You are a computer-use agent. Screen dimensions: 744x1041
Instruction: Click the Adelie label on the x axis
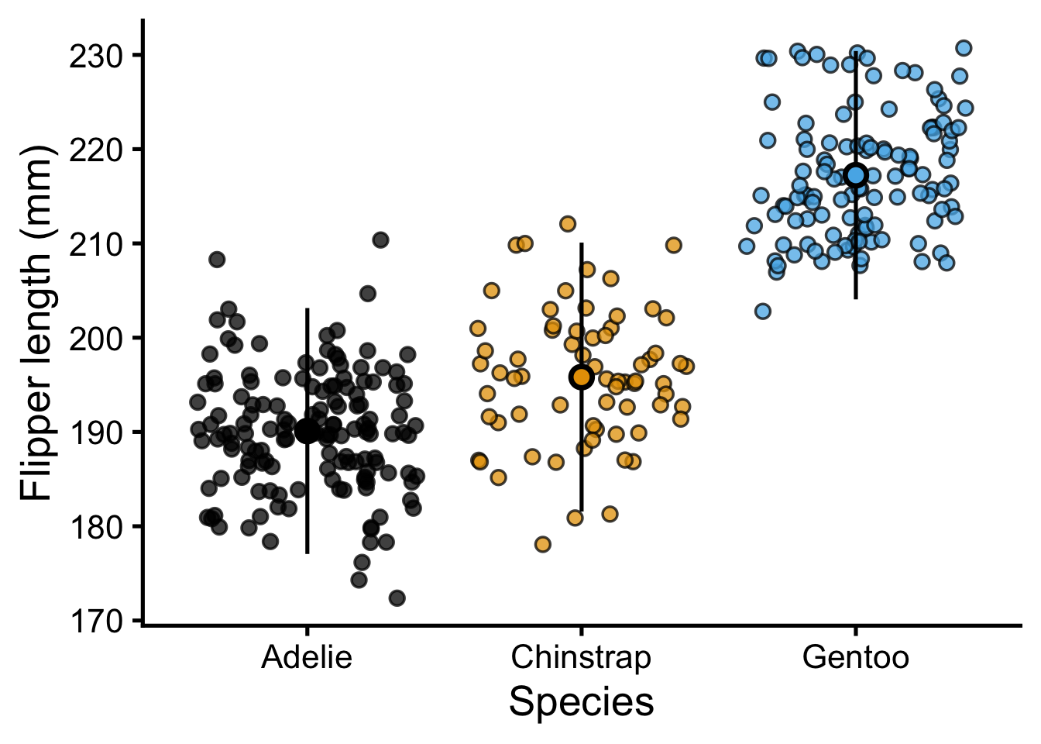[307, 657]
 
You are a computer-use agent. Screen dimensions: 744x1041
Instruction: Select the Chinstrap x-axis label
[581, 657]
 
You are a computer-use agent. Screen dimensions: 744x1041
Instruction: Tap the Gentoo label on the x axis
[855, 657]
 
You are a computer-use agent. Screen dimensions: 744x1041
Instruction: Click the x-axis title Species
[581, 702]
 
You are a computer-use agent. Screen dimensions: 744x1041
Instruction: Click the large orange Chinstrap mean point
[582, 377]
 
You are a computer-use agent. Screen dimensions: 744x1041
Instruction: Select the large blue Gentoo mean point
[856, 175]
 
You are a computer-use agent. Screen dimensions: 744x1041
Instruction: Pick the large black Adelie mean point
[307, 431]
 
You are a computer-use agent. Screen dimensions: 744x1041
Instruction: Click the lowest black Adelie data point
[397, 598]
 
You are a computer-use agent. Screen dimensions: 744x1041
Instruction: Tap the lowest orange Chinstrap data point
[542, 545]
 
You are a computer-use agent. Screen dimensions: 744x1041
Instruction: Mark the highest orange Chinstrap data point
[568, 224]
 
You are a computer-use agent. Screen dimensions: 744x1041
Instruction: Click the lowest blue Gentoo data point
[763, 312]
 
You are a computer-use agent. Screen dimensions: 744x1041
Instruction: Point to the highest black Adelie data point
[380, 240]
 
